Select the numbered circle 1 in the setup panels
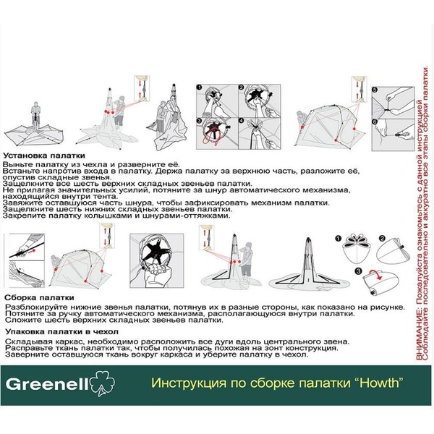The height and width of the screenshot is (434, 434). point(200,88)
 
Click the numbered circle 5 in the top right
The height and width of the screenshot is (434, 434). point(375,90)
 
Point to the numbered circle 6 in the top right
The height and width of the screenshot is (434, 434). point(375,121)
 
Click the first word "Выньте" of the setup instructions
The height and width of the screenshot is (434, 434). point(16,165)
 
